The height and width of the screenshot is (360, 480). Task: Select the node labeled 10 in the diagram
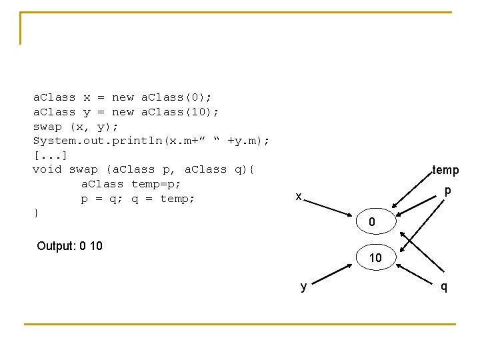pos(375,257)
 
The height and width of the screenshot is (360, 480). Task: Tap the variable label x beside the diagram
pos(299,196)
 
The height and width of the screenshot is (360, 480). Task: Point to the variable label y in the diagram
pos(304,287)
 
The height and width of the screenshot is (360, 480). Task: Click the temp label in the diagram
pos(445,170)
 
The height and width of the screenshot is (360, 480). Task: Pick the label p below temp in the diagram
pos(448,190)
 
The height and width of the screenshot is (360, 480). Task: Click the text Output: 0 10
pos(69,246)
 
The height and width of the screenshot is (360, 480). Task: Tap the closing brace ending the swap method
pos(36,213)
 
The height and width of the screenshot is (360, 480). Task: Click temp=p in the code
pos(156,184)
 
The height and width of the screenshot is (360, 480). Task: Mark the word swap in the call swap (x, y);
pos(47,126)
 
